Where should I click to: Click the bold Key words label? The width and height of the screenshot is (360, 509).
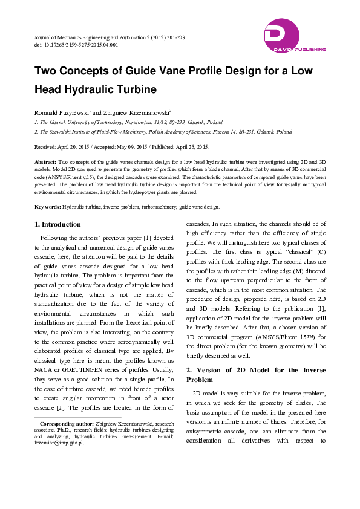(x=47, y=207)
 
